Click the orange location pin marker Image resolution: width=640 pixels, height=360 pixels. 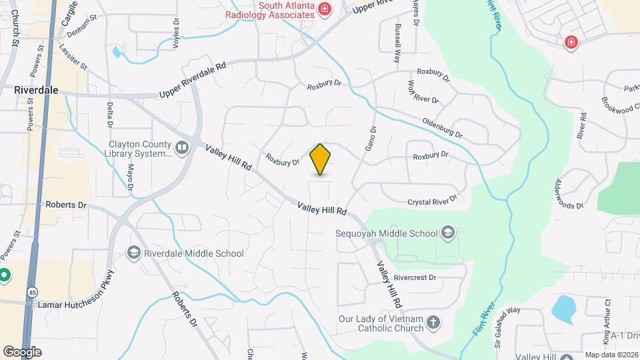pyautogui.click(x=321, y=159)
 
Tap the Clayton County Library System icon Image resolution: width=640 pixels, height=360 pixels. pyautogui.click(x=183, y=146)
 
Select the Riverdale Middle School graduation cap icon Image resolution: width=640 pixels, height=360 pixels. pyautogui.click(x=133, y=253)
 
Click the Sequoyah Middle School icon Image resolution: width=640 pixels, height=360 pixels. pyautogui.click(x=447, y=233)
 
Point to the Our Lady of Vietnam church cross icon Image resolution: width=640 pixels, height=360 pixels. pyautogui.click(x=433, y=323)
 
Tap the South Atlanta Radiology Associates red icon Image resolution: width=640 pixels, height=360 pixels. pyautogui.click(x=325, y=9)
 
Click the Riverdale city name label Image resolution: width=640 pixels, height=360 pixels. pyautogui.click(x=36, y=89)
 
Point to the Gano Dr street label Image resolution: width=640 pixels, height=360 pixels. pyautogui.click(x=371, y=138)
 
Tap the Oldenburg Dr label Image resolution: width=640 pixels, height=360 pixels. pyautogui.click(x=442, y=129)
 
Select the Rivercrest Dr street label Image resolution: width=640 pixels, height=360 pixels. pyautogui.click(x=414, y=277)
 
